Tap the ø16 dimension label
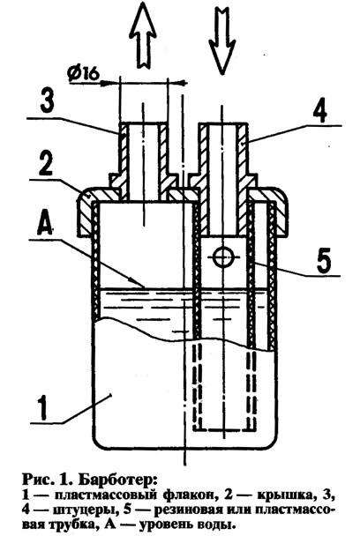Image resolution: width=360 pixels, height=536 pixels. point(83,73)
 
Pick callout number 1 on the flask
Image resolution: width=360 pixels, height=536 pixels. point(42,407)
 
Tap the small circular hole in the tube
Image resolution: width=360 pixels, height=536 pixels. point(222,257)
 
